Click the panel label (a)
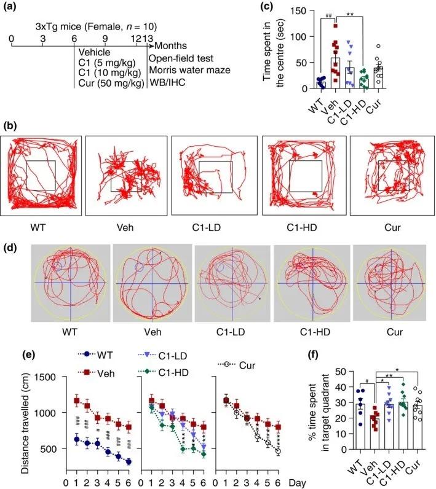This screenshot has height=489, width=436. click(14, 8)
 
